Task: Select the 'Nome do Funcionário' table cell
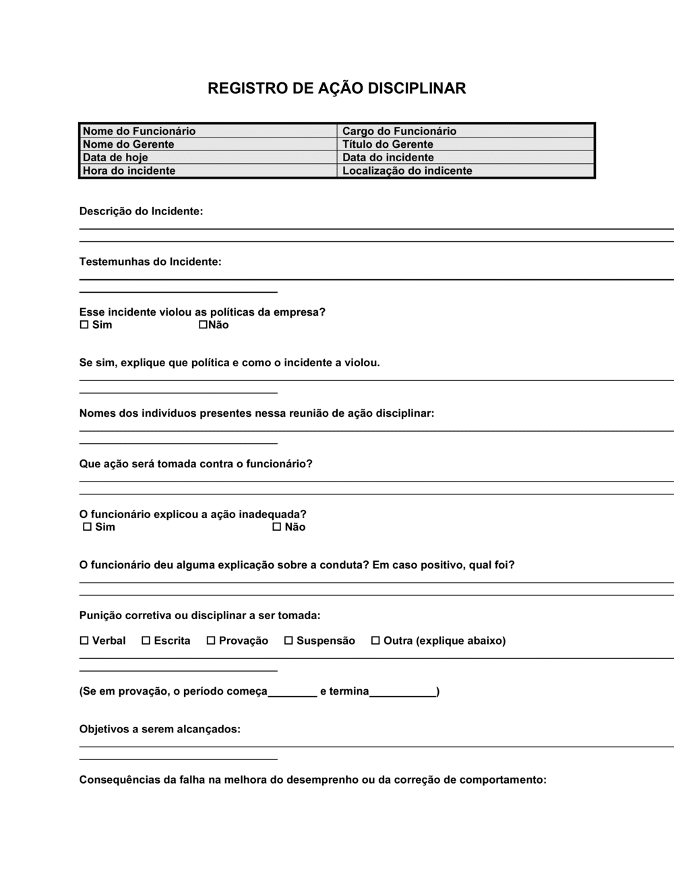[208, 131]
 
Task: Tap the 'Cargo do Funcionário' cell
[465, 131]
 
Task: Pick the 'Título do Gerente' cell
[465, 144]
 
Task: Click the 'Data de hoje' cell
[208, 158]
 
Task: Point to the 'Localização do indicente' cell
[465, 171]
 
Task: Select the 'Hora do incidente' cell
[208, 171]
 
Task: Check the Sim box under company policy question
[84, 325]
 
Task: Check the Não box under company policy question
[203, 325]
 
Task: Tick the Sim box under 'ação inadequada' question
[87, 527]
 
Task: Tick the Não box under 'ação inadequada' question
[276, 527]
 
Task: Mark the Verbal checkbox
[84, 641]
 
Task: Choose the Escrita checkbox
[146, 641]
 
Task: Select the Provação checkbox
[211, 641]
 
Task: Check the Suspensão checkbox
[288, 641]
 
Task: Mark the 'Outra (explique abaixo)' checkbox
[375, 641]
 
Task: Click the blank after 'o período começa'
[293, 691]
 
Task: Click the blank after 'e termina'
[403, 691]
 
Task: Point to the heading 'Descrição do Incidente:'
[141, 211]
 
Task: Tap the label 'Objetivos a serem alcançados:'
[160, 729]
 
